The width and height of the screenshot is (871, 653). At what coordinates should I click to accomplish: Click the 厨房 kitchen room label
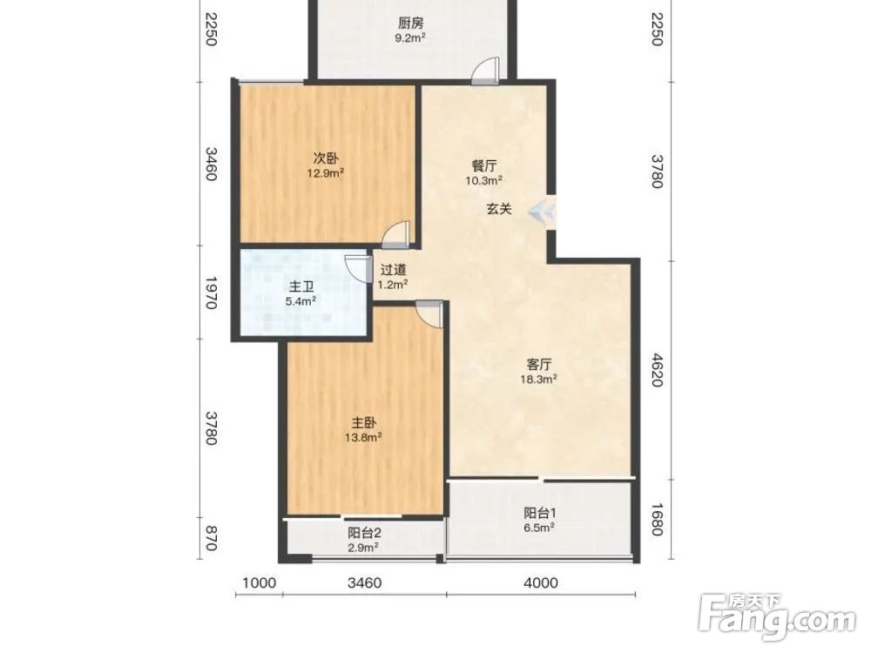[x=411, y=24]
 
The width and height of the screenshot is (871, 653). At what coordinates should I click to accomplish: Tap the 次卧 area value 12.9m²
[x=326, y=173]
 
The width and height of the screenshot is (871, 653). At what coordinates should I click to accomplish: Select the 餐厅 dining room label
[x=484, y=165]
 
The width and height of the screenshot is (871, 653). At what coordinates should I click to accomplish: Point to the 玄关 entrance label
[x=499, y=209]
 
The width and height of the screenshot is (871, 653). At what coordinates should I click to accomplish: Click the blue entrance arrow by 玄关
[x=542, y=211]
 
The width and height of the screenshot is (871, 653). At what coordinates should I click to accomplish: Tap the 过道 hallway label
[x=394, y=270]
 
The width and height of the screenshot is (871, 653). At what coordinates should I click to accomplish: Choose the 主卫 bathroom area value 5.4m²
[x=301, y=301]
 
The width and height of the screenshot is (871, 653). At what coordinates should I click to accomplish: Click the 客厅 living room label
[x=539, y=365]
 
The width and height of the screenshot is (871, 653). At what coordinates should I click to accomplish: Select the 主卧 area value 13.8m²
[x=363, y=438]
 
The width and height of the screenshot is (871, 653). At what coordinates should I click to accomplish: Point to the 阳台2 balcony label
[x=364, y=533]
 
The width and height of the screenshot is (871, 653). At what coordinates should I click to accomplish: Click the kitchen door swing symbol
[x=485, y=71]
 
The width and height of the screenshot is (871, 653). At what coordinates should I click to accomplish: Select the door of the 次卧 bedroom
[x=396, y=234]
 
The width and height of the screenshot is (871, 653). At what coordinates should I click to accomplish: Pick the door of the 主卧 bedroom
[x=430, y=313]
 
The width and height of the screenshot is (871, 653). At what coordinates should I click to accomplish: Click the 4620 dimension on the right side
[x=657, y=370]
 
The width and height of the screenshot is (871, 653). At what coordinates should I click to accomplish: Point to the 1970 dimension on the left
[x=211, y=293]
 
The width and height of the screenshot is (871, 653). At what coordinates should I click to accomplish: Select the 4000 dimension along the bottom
[x=541, y=583]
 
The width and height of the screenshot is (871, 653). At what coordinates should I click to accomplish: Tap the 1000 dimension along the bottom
[x=259, y=583]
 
